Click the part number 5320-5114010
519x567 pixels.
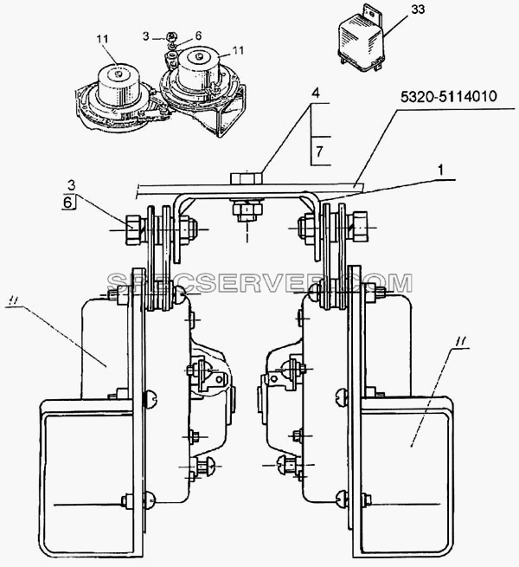point(449,97)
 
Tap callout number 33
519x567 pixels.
point(418,9)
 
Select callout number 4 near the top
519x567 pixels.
point(316,93)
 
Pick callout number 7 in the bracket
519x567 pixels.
point(319,151)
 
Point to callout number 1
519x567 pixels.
point(440,170)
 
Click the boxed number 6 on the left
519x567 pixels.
point(67,203)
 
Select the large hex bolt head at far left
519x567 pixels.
point(133,229)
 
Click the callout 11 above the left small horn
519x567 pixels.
point(102,39)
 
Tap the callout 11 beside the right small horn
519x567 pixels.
point(238,50)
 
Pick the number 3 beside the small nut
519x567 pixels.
point(146,36)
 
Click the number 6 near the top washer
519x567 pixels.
point(198,35)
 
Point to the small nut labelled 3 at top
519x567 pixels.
point(170,36)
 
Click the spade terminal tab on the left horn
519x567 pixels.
point(220,379)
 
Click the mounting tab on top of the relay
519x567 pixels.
point(371,13)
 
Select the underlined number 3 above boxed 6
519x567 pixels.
point(72,185)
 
